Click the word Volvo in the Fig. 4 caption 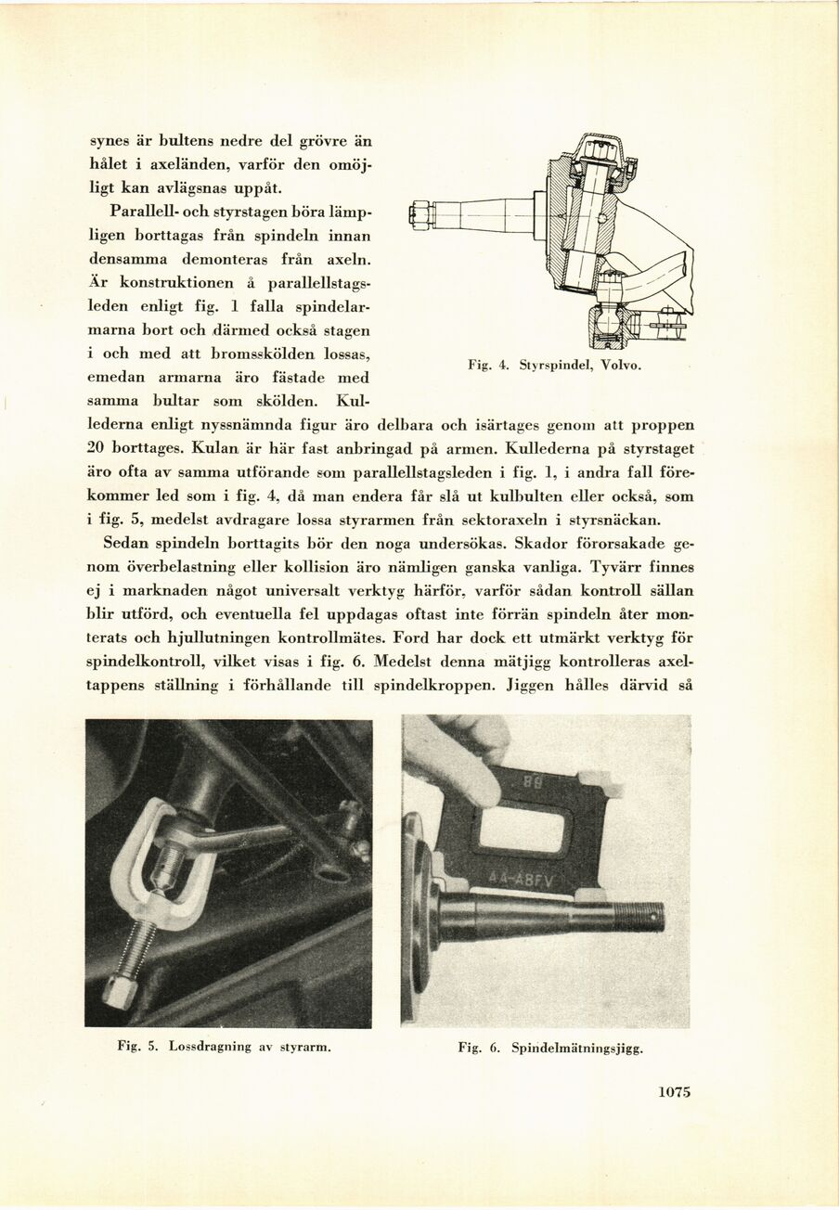coord(621,366)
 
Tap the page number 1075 coord(675,1092)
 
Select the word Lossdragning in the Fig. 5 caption coord(211,1047)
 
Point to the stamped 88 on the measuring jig coord(528,782)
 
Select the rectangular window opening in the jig coord(522,829)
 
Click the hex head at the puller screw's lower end coord(120,991)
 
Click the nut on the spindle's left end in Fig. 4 coord(419,215)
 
